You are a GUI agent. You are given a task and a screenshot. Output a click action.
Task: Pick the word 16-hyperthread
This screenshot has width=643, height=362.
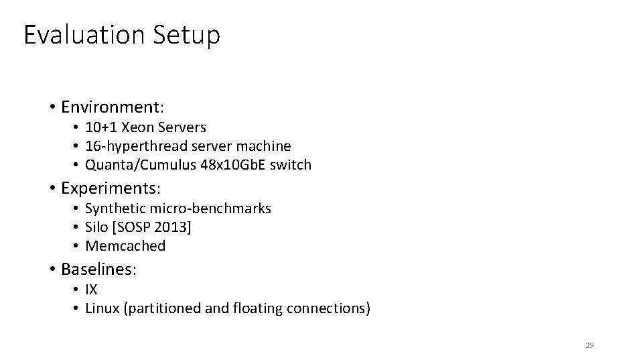pos(137,145)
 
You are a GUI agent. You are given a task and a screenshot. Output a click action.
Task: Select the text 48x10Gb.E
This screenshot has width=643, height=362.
pos(232,164)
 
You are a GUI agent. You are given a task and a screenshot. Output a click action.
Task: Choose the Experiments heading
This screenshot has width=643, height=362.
pos(113,188)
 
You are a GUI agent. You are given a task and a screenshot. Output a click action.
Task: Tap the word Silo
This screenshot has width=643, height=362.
pos(96,227)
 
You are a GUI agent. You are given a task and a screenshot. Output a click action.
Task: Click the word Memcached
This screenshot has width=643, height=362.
pos(125,246)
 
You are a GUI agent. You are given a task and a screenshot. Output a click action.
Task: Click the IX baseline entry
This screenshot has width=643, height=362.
pos(91,290)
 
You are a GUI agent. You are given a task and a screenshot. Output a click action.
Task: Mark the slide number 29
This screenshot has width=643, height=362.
pos(589,345)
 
